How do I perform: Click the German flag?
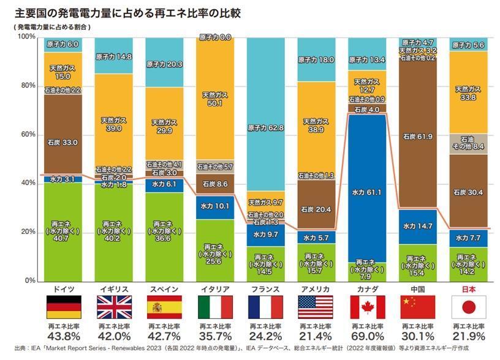64,307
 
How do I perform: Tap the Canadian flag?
367,307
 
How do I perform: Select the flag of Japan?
468,307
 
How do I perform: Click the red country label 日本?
468,288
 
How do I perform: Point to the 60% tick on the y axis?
27,135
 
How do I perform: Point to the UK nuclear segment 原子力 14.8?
115,56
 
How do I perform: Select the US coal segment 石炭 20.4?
317,209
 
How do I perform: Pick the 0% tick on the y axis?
29,281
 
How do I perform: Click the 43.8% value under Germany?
64,336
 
